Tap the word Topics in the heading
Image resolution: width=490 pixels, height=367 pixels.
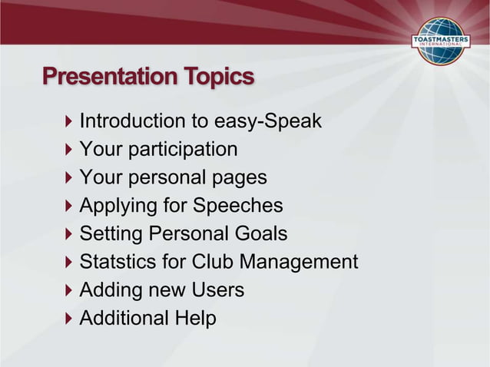pyautogui.click(x=219, y=78)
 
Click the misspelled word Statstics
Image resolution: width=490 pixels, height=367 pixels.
pyautogui.click(x=118, y=262)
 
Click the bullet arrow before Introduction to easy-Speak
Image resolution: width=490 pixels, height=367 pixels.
pyautogui.click(x=69, y=121)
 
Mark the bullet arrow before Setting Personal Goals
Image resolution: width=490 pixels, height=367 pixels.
pyautogui.click(x=69, y=233)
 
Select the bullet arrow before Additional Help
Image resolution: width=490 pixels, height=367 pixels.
pyautogui.click(x=69, y=318)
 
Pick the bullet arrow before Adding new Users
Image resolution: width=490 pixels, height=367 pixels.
pyautogui.click(x=69, y=290)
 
